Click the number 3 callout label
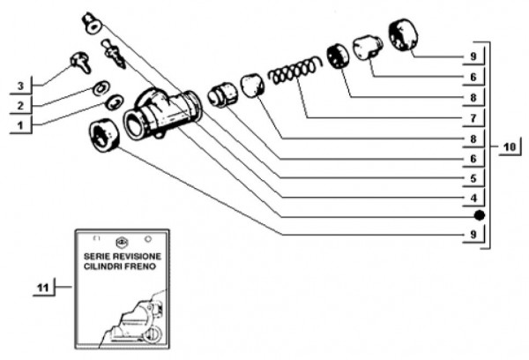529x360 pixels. (19, 86)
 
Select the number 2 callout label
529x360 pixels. (19, 106)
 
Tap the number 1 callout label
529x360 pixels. (19, 126)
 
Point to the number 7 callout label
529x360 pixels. (473, 117)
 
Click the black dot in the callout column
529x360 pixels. (478, 216)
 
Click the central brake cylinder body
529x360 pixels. (163, 115)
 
